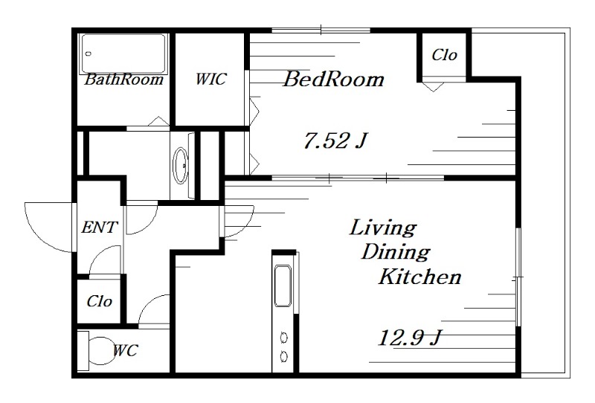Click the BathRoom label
123,80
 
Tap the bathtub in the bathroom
123,54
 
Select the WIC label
211,79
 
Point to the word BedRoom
333,79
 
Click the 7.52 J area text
335,141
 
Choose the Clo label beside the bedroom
444,55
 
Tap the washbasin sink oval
180,166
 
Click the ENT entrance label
100,228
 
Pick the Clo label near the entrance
100,301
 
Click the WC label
126,350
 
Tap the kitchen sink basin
283,286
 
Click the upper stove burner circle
284,337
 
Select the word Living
383,228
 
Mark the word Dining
396,252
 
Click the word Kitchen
420,277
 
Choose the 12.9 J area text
411,338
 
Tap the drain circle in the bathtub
89,54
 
